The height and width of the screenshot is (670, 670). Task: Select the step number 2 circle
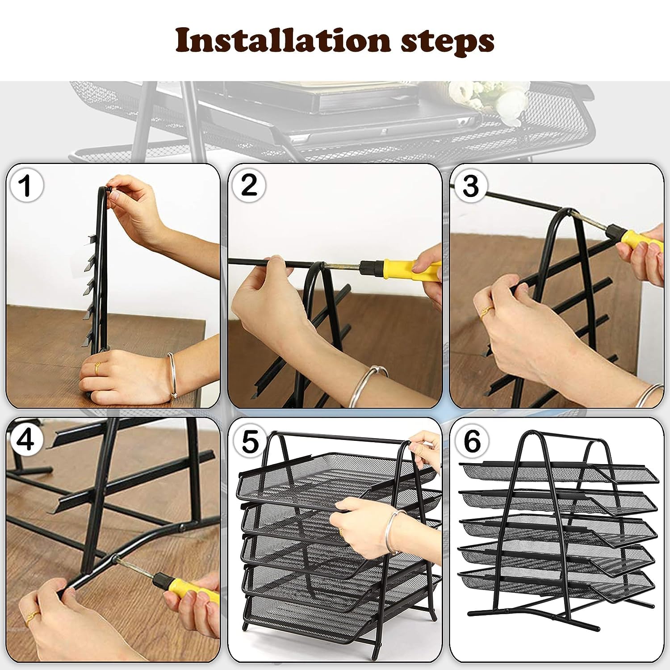point(249,185)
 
